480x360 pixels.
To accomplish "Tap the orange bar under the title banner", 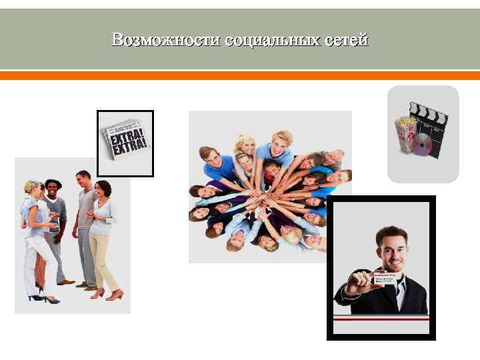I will pyautogui.click(x=240, y=76).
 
